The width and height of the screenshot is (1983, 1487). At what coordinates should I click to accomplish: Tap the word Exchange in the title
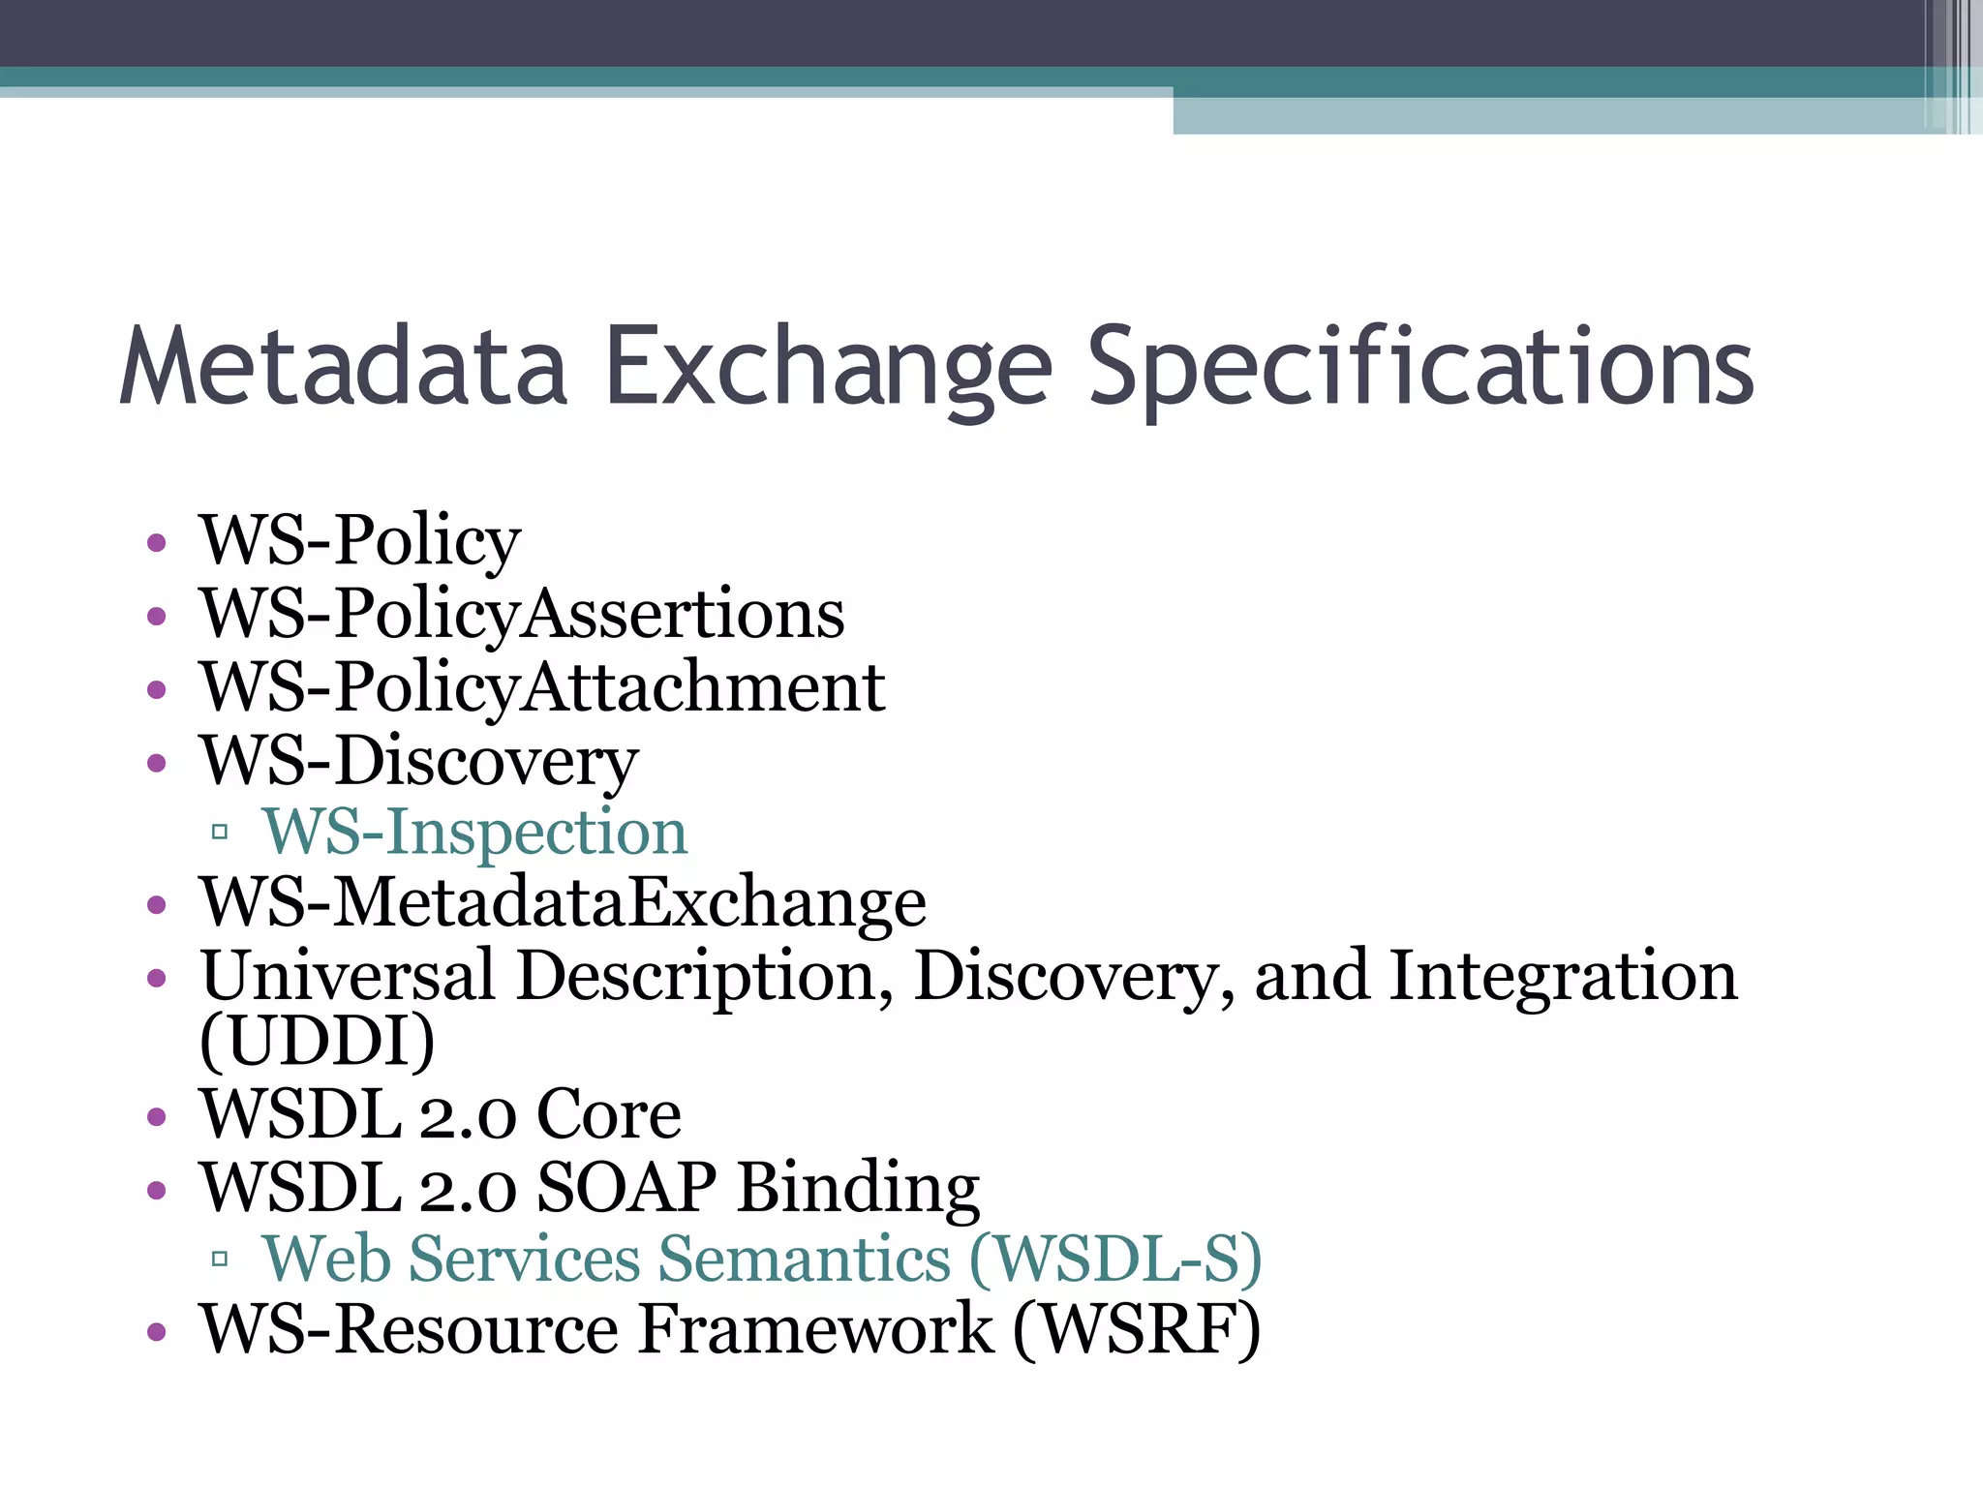(828, 368)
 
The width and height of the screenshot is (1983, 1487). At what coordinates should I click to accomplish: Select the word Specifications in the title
(1420, 368)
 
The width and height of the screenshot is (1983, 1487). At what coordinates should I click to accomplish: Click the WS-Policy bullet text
(360, 540)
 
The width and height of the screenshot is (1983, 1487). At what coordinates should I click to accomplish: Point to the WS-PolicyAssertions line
(522, 614)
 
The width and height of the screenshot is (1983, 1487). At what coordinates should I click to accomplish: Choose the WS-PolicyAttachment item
(542, 687)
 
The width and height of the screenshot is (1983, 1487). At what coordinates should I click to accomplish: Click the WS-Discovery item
(418, 761)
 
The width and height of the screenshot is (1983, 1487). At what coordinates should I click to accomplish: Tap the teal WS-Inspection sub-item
(474, 832)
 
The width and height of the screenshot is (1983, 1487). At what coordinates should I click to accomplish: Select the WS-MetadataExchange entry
(563, 902)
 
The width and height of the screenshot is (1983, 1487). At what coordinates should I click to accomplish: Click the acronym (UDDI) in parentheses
(318, 1041)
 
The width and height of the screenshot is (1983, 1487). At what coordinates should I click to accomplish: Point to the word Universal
(348, 975)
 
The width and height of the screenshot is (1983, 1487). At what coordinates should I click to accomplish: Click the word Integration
(1563, 975)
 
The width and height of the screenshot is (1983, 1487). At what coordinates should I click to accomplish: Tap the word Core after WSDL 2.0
(608, 1114)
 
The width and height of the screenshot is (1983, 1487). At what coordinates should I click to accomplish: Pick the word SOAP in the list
(626, 1187)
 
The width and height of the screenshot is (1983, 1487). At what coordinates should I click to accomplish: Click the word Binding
(858, 1187)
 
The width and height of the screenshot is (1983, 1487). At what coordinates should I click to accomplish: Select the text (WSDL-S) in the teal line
(1115, 1259)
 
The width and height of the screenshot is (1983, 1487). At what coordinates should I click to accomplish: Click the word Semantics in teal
(806, 1259)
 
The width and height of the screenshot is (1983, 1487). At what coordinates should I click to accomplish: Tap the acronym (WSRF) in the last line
(1137, 1329)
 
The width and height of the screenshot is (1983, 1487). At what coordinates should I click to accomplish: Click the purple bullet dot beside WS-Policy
(157, 542)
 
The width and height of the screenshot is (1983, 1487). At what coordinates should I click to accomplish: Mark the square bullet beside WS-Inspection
(220, 832)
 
